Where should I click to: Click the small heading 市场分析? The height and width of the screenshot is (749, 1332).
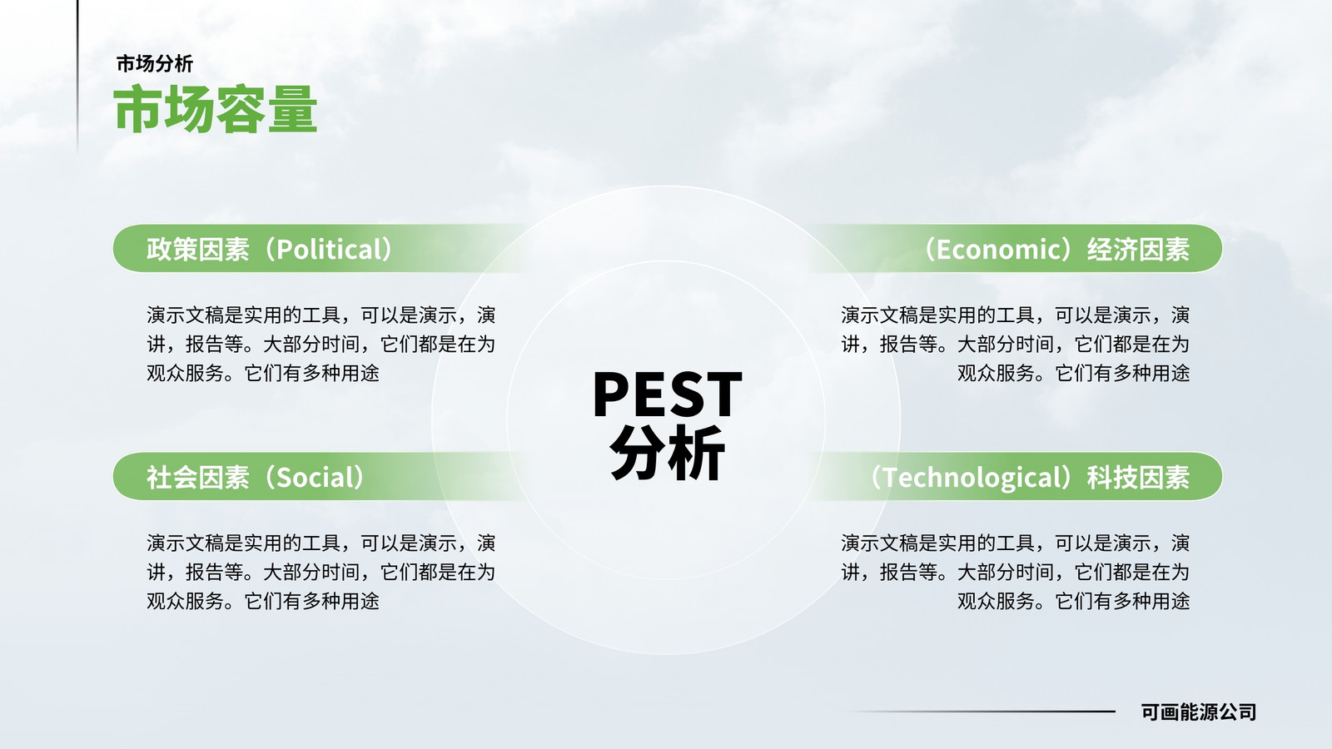[x=155, y=63]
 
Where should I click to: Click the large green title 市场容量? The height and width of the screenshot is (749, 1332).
[x=216, y=109]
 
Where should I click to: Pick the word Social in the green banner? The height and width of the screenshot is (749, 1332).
[x=318, y=478]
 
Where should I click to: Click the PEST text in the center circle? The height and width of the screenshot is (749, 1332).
[x=667, y=394]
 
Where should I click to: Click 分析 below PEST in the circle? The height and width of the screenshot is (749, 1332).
[x=667, y=452]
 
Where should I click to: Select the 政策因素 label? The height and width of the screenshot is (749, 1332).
[x=198, y=249]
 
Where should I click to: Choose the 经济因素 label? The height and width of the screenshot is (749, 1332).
[x=1138, y=249]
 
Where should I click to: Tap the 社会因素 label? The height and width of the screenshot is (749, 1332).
[x=198, y=478]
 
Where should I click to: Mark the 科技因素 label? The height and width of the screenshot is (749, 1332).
[x=1138, y=478]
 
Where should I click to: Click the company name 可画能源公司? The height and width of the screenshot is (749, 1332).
[x=1198, y=712]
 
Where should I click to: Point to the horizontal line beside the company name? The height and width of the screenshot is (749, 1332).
[x=983, y=711]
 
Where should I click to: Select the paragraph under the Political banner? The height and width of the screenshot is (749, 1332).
[x=321, y=344]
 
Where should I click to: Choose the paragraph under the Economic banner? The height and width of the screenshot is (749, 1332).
[x=1015, y=344]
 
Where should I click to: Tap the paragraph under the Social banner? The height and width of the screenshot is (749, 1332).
[x=321, y=572]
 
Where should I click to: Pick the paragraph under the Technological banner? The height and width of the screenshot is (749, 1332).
[x=1015, y=572]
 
